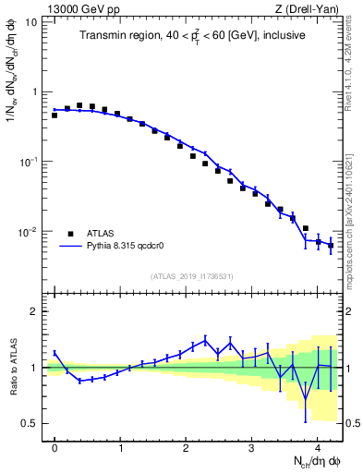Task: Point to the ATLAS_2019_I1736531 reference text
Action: click(193, 276)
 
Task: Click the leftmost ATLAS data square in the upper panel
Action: click(54, 115)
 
